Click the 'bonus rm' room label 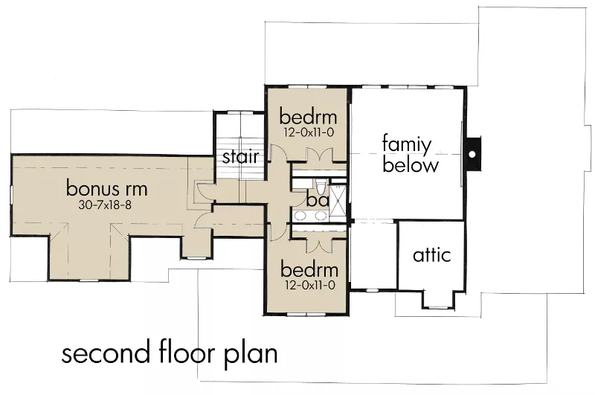click(x=106, y=189)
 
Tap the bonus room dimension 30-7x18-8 click(x=105, y=205)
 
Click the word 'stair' click(x=240, y=156)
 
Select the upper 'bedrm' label click(x=308, y=117)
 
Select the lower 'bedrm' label click(x=309, y=270)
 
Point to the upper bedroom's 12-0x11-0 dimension click(x=308, y=133)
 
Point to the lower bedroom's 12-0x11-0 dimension click(x=309, y=286)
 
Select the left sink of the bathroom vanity click(x=301, y=216)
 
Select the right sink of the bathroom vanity click(x=321, y=216)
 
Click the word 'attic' click(x=432, y=254)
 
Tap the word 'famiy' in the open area click(x=407, y=145)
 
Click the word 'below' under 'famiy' click(x=411, y=165)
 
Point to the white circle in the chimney click(x=472, y=155)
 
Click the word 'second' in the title click(x=106, y=353)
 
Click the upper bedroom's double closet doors click(x=319, y=155)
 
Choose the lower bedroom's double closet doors click(x=320, y=246)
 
